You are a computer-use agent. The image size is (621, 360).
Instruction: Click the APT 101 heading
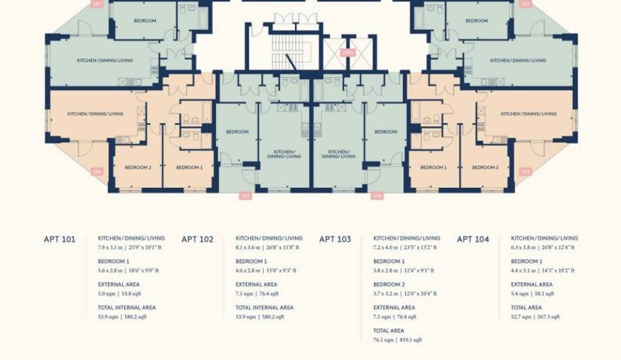59,239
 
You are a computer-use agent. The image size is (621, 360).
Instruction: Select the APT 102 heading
197,239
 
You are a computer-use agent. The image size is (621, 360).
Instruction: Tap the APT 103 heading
334,239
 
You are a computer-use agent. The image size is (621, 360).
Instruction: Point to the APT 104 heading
473,239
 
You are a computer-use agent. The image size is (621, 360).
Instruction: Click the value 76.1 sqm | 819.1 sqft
397,340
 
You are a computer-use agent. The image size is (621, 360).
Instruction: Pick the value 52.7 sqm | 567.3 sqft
535,317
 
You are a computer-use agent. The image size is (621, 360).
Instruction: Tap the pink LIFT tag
347,52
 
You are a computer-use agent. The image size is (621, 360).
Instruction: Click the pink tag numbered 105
245,196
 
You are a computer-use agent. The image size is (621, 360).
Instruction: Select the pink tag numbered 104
377,196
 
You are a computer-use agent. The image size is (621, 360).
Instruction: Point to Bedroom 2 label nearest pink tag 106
138,167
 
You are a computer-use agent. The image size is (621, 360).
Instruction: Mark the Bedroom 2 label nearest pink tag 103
484,167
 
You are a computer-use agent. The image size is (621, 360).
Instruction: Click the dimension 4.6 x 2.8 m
249,270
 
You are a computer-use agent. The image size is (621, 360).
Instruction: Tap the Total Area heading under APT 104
526,308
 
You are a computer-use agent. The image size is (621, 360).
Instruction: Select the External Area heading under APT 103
394,308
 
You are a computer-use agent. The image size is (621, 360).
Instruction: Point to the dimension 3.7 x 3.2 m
387,294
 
